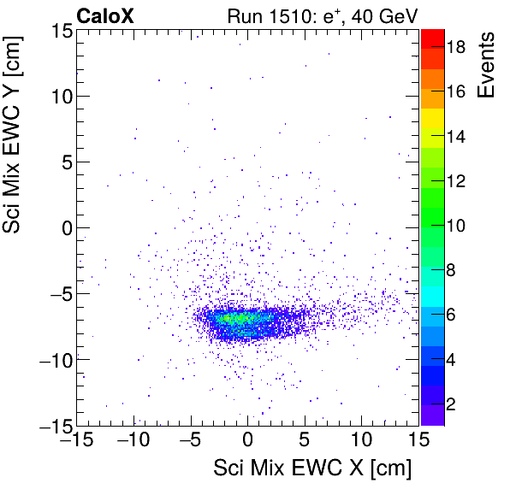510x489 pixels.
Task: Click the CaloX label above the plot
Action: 104,15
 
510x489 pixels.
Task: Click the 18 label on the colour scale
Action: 457,49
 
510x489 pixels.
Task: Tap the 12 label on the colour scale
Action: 457,181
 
